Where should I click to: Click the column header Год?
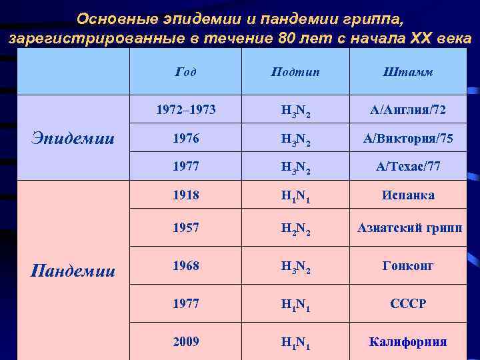coord(185,72)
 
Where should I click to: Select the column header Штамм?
coord(409,72)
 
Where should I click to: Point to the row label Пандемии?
coord(73,271)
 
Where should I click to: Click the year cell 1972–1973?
coord(185,109)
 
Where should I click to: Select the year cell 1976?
coord(185,138)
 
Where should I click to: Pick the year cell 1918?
coord(185,195)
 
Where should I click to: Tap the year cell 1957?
coord(185,228)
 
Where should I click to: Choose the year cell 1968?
coord(185,265)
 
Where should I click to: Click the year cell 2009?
coord(185,341)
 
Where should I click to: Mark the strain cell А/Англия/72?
coord(409,109)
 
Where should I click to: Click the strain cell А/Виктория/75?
coord(409,138)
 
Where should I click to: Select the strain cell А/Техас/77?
coord(409,165)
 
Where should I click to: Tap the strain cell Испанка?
coord(409,195)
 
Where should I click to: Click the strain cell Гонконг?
coord(409,265)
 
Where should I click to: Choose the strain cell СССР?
coord(409,303)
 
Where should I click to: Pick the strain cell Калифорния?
coord(409,341)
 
